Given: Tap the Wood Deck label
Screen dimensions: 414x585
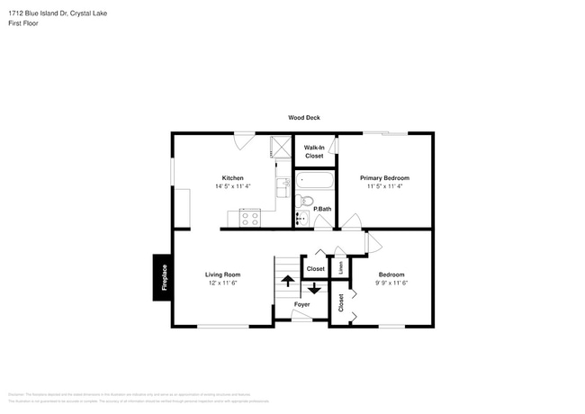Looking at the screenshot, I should click(x=303, y=118).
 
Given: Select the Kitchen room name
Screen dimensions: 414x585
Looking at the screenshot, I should click(x=233, y=178).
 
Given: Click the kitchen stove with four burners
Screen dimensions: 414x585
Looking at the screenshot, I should click(x=249, y=217).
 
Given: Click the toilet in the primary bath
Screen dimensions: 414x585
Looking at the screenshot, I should click(x=304, y=202).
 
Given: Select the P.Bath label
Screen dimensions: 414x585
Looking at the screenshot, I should click(x=322, y=209).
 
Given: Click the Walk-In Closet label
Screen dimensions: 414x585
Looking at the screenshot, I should click(x=314, y=151).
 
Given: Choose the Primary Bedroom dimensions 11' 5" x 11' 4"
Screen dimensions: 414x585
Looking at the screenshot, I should click(x=384, y=187).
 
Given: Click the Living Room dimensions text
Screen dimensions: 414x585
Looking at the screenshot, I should click(x=222, y=283).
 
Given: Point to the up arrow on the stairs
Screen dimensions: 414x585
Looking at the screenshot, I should click(x=288, y=280).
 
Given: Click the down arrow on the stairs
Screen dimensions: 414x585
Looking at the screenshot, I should click(x=313, y=289).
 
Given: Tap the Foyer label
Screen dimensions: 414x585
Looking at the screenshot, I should click(x=301, y=304).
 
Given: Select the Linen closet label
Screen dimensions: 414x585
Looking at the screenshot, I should click(x=340, y=267).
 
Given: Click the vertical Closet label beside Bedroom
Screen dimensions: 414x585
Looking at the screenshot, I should click(x=341, y=303).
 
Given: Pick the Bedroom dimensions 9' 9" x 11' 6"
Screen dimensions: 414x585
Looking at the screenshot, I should click(x=391, y=283).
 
